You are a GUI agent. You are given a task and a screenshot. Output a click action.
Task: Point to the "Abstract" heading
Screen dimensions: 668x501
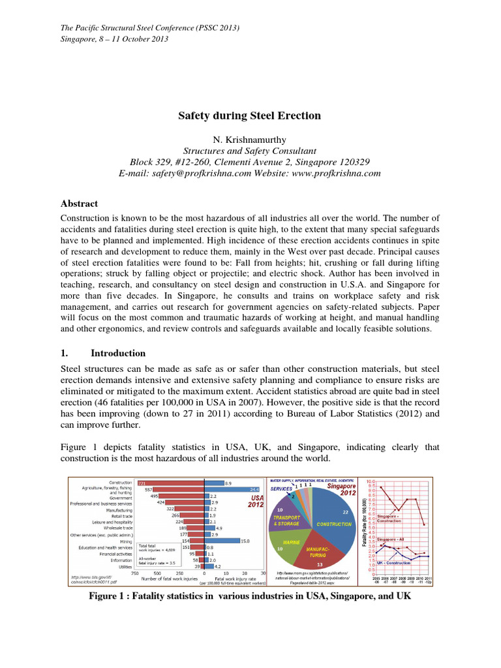pyautogui.click(x=79, y=204)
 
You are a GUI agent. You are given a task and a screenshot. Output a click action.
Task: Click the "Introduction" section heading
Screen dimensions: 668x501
pyautogui.click(x=118, y=353)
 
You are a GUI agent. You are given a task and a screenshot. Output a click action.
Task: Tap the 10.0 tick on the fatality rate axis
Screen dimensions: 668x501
pyautogui.click(x=372, y=481)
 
